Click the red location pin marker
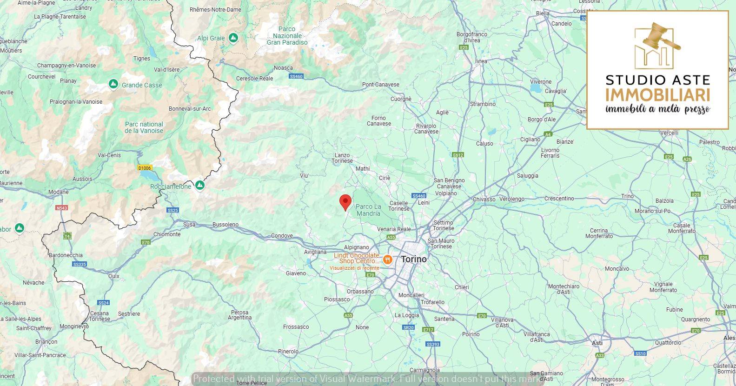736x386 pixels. tap(345, 202)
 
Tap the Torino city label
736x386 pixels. tap(413, 259)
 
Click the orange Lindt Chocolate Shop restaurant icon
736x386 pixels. tap(387, 259)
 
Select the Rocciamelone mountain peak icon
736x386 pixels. tap(199, 186)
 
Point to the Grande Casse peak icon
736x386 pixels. tap(113, 84)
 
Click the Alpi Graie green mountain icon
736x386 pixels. tap(233, 38)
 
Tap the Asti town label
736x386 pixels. tap(597, 343)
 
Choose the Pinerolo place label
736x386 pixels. tap(288, 351)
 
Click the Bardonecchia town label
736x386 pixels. tap(66, 255)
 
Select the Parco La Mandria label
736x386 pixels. tap(368, 210)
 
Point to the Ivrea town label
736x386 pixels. tap(481, 61)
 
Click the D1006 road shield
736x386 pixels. tap(145, 168)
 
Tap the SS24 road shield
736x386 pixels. tap(104, 302)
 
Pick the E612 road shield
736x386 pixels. tap(458, 155)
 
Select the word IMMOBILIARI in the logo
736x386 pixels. tap(657, 94)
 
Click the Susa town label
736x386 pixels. tap(189, 224)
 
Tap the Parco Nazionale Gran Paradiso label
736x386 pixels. tap(287, 35)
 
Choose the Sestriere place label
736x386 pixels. tap(129, 313)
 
